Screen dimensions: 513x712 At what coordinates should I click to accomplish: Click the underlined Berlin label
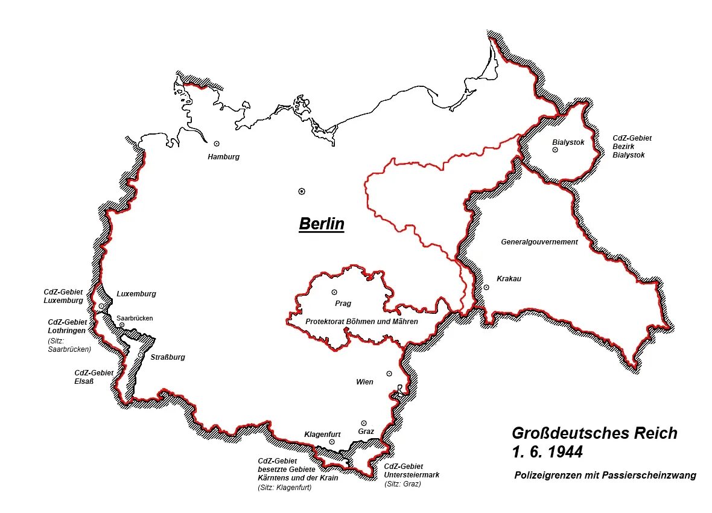[322, 224]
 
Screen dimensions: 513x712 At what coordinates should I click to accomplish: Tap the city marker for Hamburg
[217, 144]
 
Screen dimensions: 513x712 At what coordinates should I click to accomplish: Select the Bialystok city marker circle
[555, 150]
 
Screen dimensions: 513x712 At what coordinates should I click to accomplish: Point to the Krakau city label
[509, 279]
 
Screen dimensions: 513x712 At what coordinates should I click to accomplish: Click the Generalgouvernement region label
[539, 242]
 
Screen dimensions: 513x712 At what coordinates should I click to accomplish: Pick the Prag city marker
[334, 292]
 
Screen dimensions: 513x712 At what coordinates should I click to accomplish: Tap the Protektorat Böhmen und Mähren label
[361, 322]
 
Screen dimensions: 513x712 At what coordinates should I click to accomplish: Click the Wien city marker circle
[389, 374]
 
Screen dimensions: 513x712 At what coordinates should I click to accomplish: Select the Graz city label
[366, 432]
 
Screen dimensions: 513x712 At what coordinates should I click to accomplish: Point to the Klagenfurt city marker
[332, 442]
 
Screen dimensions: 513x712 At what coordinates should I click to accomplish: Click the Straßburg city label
[167, 357]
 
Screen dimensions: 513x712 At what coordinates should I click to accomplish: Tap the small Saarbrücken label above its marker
[135, 318]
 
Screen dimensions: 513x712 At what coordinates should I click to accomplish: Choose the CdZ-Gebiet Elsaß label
[94, 377]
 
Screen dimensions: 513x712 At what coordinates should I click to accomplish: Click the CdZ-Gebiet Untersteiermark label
[412, 471]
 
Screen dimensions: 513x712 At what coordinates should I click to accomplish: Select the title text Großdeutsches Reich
[594, 433]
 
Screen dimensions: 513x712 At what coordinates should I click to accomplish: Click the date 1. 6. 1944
[547, 451]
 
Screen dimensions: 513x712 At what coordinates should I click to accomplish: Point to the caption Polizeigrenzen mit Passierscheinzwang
[605, 476]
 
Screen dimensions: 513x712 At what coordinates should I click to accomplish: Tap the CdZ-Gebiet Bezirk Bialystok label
[632, 147]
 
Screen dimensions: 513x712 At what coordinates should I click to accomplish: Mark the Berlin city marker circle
[302, 191]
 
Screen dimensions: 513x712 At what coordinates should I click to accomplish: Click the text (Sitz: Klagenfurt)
[284, 487]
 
